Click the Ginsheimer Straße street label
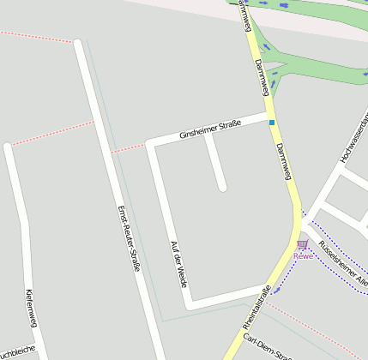pyautogui.click(x=210, y=129)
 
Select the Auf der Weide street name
pyautogui.click(x=178, y=263)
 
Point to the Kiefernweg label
pyautogui.click(x=31, y=309)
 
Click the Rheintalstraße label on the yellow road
pyautogui.click(x=255, y=307)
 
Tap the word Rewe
pyautogui.click(x=303, y=255)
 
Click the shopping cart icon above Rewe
pyautogui.click(x=302, y=245)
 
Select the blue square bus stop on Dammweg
pyautogui.click(x=272, y=123)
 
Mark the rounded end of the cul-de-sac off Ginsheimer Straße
pyautogui.click(x=221, y=186)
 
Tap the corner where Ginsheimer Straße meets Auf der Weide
pyautogui.click(x=152, y=143)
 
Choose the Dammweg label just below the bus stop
pyautogui.click(x=284, y=161)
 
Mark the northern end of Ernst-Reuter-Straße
pyautogui.click(x=79, y=43)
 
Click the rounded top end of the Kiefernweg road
pyautogui.click(x=9, y=148)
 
